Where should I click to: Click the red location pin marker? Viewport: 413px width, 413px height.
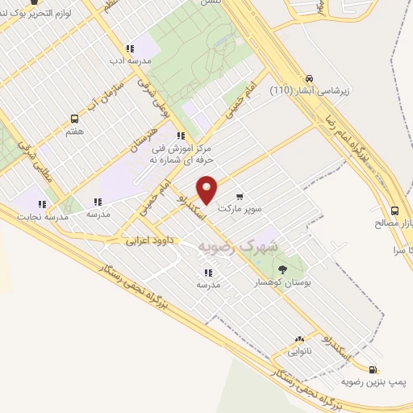[x=208, y=190]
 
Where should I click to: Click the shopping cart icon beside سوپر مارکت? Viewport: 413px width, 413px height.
[x=240, y=196]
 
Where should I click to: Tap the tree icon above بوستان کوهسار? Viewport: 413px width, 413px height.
[x=282, y=269]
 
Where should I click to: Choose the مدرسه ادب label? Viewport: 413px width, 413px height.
[x=128, y=60]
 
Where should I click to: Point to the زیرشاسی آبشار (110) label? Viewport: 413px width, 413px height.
[x=308, y=90]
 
